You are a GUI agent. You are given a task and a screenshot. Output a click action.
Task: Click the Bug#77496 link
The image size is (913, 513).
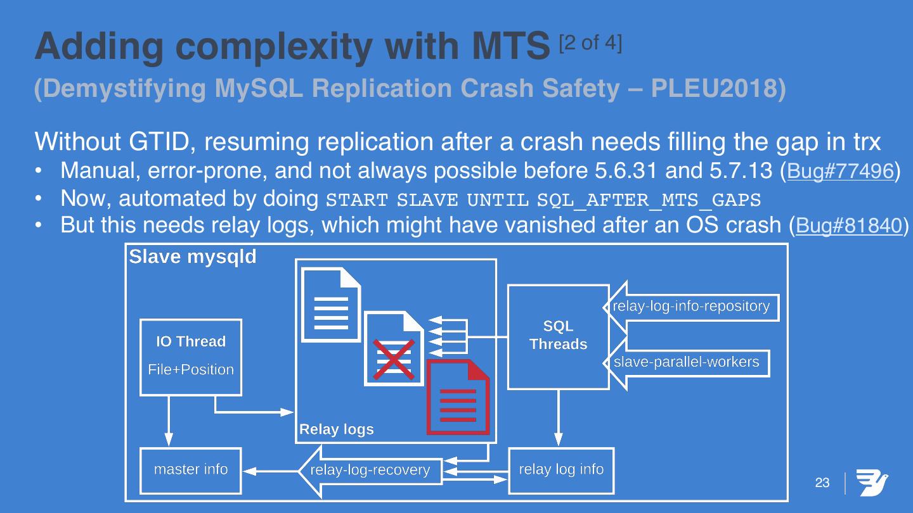(840, 171)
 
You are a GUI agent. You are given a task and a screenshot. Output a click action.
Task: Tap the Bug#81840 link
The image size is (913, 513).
(849, 225)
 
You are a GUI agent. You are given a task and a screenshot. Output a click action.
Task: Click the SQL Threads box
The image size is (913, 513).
(558, 336)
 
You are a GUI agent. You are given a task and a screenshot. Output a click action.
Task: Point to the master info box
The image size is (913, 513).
(190, 470)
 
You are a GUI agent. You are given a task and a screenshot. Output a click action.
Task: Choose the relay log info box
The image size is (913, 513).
(561, 470)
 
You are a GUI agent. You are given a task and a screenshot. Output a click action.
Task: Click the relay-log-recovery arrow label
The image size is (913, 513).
(370, 471)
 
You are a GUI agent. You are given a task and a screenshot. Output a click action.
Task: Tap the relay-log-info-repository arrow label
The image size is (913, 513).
(691, 307)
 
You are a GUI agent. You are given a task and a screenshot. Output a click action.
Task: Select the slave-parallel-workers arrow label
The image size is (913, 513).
(687, 362)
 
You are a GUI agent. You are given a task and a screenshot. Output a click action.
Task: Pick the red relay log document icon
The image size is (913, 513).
(458, 397)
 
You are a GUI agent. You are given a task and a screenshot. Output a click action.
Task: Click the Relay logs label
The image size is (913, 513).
(337, 429)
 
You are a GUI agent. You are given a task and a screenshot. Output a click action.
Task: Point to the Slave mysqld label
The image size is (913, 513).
(193, 256)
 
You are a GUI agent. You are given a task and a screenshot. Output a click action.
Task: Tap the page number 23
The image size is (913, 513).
(822, 483)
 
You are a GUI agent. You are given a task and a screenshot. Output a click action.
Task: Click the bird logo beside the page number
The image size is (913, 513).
(872, 483)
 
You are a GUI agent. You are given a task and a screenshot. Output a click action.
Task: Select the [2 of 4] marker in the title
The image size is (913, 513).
(590, 42)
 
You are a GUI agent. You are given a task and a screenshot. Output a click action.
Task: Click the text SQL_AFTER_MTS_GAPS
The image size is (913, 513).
(648, 200)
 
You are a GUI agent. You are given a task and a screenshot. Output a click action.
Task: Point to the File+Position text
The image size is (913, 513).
(190, 370)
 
